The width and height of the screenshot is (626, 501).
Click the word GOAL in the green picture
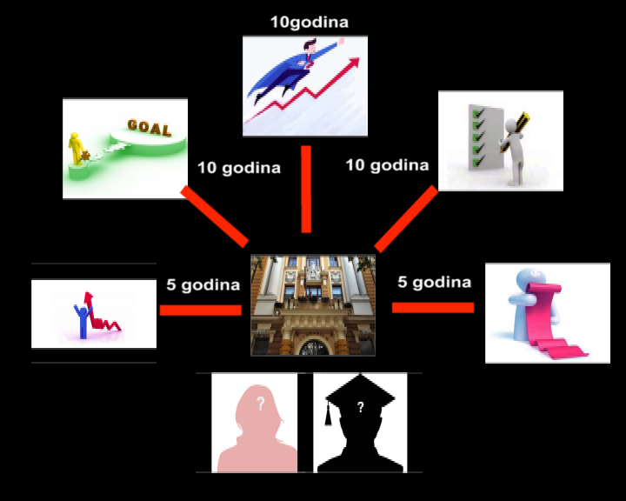tap(149, 126)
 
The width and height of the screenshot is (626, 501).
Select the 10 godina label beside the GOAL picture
tap(239, 168)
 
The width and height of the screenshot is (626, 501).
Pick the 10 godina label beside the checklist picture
tap(387, 164)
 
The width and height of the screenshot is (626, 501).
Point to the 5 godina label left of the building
tap(203, 284)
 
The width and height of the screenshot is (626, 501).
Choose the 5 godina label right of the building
tap(434, 282)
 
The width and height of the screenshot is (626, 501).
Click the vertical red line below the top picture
tap(306, 190)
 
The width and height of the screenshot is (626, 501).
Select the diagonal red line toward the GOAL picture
tap(214, 215)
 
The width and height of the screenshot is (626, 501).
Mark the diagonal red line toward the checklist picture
tap(406, 219)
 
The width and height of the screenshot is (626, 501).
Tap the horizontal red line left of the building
tap(200, 310)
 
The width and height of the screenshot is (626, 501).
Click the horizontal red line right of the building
tap(432, 307)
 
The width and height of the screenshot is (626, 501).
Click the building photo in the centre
tap(313, 304)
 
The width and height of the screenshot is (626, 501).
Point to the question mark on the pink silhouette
tap(258, 404)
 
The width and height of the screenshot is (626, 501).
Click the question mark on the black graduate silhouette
tap(360, 405)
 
